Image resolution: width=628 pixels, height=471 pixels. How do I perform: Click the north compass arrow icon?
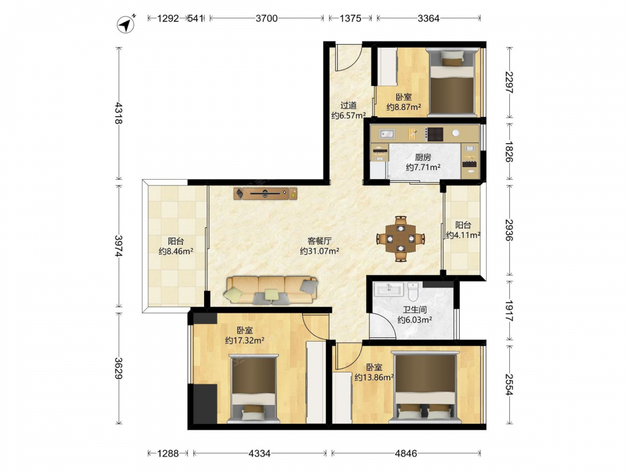[126, 24]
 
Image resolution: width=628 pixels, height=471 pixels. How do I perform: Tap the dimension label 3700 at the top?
[266, 18]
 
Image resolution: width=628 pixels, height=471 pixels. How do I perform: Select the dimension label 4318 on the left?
[119, 113]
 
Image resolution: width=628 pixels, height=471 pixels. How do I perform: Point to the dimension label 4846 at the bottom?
[406, 453]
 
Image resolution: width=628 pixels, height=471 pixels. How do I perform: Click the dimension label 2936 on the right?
[509, 230]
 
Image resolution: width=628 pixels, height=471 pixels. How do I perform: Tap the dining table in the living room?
[401, 239]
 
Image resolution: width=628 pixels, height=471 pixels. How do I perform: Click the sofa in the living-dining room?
[271, 290]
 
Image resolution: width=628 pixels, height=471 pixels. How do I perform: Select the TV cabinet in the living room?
[266, 193]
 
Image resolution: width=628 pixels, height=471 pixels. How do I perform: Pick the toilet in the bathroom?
[413, 291]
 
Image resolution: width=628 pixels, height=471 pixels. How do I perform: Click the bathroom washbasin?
[389, 289]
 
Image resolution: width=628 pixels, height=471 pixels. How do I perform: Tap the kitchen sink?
[387, 133]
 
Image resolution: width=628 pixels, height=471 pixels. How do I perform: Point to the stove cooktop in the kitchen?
[434, 134]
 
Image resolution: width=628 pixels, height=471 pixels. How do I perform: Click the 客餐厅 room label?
[319, 241]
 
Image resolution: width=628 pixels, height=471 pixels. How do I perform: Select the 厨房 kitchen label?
[423, 157]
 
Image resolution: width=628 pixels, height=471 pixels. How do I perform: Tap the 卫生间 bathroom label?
[414, 310]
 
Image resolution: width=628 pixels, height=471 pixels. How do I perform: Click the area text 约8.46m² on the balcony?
[176, 252]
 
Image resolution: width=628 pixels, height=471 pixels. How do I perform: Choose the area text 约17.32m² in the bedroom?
[244, 341]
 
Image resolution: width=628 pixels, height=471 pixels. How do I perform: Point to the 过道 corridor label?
[349, 106]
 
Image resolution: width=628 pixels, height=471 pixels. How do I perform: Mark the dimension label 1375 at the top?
[350, 18]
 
